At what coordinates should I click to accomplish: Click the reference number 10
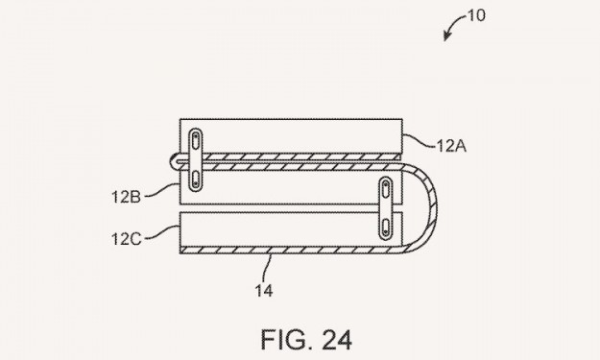point(476,15)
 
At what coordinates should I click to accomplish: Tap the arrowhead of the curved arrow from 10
point(446,36)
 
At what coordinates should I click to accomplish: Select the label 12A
point(451,146)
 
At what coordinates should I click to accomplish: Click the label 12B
point(127,197)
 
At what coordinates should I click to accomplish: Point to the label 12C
point(127,239)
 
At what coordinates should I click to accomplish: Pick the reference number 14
point(264,291)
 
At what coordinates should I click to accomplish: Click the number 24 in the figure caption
point(337,340)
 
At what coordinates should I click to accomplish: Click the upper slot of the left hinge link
point(196,140)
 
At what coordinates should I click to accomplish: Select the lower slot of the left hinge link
point(196,180)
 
